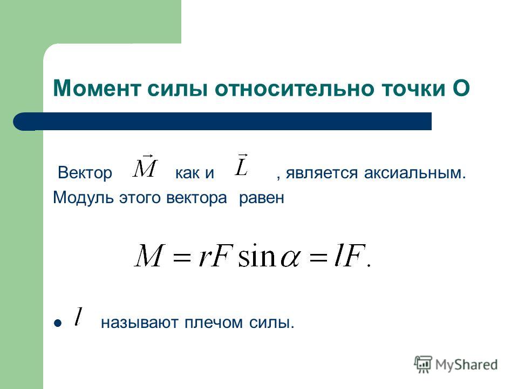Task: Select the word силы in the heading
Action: pyautogui.click(x=178, y=89)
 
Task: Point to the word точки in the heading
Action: pyautogui.click(x=413, y=89)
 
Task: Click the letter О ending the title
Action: pyautogui.click(x=461, y=88)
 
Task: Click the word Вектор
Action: pyautogui.click(x=85, y=173)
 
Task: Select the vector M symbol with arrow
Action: pyautogui.click(x=145, y=166)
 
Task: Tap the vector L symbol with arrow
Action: pyautogui.click(x=242, y=165)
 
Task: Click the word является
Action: pyautogui.click(x=322, y=173)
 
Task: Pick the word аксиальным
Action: pyautogui.click(x=415, y=173)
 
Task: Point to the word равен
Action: pyautogui.click(x=261, y=198)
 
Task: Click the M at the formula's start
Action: pyautogui.click(x=149, y=255)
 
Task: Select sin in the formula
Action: pyautogui.click(x=257, y=255)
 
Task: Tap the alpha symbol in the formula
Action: pyautogui.click(x=290, y=259)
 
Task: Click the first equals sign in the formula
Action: pyautogui.click(x=182, y=257)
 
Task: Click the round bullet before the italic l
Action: pyautogui.click(x=58, y=323)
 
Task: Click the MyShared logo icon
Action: pyautogui.click(x=423, y=365)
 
